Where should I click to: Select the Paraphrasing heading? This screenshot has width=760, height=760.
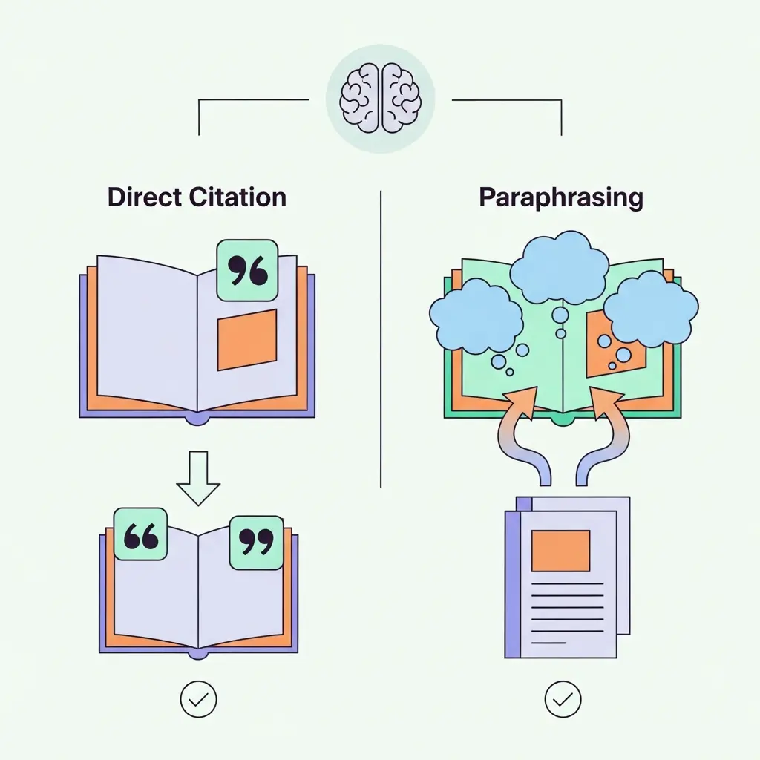pyautogui.click(x=560, y=197)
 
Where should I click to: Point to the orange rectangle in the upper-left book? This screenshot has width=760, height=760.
pyautogui.click(x=246, y=339)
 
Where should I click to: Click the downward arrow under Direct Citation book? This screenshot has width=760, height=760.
pyautogui.click(x=198, y=479)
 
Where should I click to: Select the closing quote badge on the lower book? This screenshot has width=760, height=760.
pyautogui.click(x=256, y=543)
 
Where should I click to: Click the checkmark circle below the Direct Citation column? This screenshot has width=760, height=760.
pyautogui.click(x=198, y=698)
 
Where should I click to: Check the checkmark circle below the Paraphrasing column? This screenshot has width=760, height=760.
pyautogui.click(x=563, y=698)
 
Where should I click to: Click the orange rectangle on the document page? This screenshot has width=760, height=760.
pyautogui.click(x=561, y=550)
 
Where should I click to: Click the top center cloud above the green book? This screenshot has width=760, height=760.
pyautogui.click(x=560, y=264)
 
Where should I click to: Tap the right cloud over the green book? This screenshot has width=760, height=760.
pyautogui.click(x=650, y=308)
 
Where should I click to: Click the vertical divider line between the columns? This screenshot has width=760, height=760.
pyautogui.click(x=380, y=338)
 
